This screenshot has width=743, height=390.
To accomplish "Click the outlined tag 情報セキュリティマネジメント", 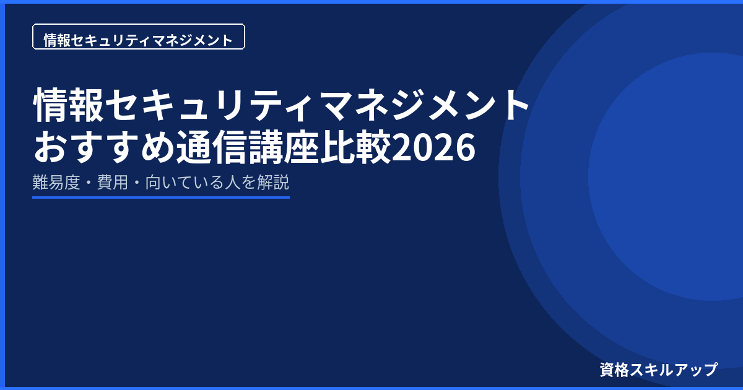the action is [139, 37].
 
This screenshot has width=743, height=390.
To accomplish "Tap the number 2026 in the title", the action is [433, 147].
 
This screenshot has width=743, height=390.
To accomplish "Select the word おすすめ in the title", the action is [104, 147].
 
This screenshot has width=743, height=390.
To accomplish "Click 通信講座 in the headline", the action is [248, 147].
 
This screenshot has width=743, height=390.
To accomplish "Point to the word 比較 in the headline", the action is [355, 147].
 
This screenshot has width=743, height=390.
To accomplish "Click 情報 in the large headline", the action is [69, 105].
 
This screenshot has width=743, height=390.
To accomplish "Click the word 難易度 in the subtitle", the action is [56, 182].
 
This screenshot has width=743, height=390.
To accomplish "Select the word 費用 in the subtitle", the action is [113, 182].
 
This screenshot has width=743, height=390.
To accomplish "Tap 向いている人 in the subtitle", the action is [193, 182].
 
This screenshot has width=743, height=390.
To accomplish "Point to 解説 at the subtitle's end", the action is [273, 182].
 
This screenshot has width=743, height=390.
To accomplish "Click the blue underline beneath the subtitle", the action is [161, 197].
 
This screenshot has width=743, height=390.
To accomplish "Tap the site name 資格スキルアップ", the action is [658, 370].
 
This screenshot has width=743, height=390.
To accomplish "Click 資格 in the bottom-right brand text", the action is [614, 370].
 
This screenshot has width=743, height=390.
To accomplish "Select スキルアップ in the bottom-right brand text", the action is [674, 370].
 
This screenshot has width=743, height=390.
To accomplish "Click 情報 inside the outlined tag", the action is [57, 40].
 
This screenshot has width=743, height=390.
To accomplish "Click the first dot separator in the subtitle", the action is [89, 183].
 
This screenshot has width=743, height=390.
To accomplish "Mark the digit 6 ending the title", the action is [466, 147].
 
